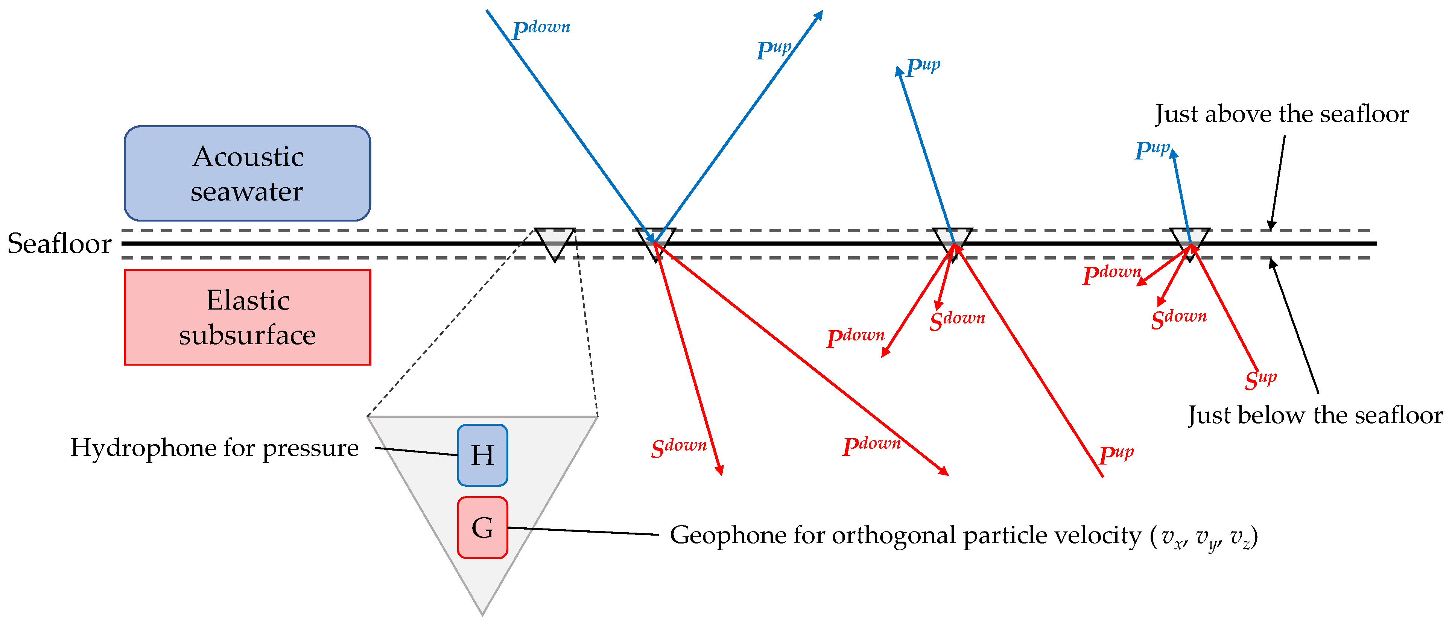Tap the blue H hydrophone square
[482, 455]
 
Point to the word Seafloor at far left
[59, 243]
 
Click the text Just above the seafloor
[1281, 114]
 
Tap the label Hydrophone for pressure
[214, 448]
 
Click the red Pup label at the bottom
[1116, 453]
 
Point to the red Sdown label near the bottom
[678, 448]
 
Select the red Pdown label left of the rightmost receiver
[1111, 275]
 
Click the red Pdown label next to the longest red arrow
[871, 445]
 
